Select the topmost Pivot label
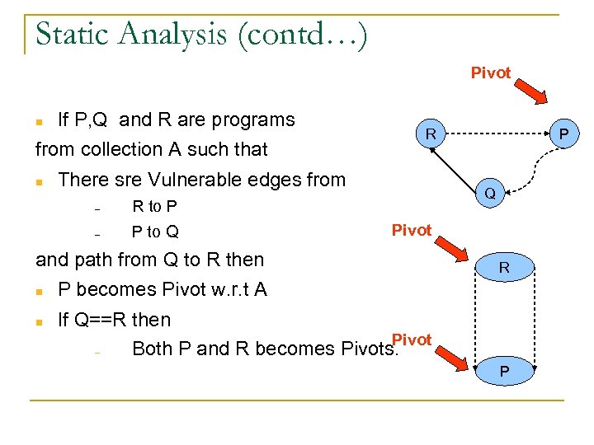coord(491,73)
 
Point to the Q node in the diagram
coord(490,194)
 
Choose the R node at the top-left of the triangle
coord(431,133)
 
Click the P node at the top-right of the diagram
coord(564,133)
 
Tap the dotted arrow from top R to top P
coord(495,133)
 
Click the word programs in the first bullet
coord(254,119)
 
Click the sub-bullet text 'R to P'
coord(155,206)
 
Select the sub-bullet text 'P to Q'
coord(155,232)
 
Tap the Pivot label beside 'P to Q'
coord(412,230)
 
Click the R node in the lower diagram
coord(504,269)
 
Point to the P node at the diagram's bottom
coord(504,372)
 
